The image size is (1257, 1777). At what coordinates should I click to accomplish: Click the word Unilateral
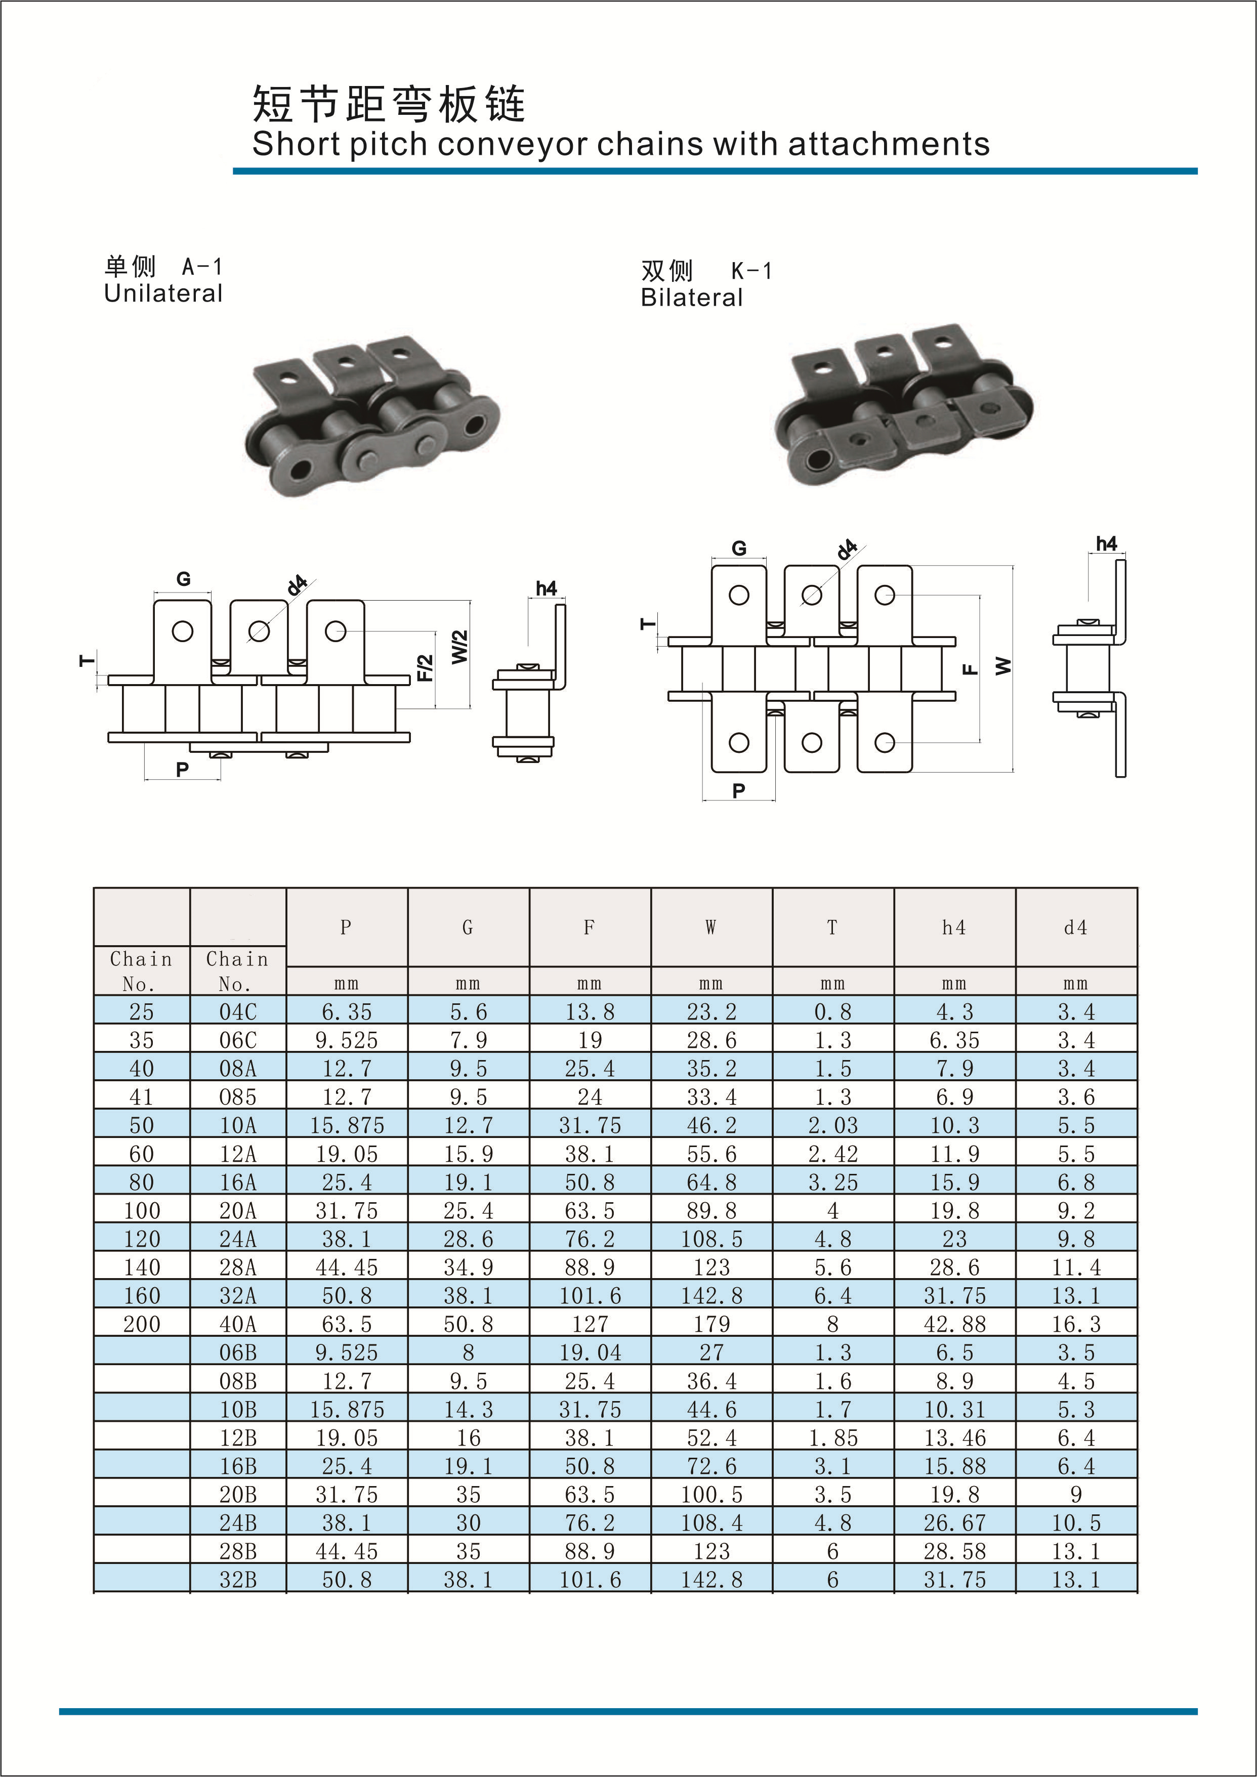163,293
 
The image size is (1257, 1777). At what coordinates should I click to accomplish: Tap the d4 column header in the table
1075,927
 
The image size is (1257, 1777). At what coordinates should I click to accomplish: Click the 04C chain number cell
238,1011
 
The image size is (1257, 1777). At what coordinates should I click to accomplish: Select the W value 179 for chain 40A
711,1324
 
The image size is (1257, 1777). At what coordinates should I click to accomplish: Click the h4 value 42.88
954,1324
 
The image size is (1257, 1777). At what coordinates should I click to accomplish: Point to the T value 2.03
833,1125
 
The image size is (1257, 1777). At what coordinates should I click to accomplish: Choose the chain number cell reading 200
142,1324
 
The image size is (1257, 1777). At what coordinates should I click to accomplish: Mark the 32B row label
238,1580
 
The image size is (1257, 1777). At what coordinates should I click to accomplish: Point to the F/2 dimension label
425,668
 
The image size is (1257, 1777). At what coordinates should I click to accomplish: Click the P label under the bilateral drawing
738,790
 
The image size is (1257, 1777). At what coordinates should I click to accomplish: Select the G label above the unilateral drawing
184,579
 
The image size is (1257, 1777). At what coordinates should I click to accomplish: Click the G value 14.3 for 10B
468,1409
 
